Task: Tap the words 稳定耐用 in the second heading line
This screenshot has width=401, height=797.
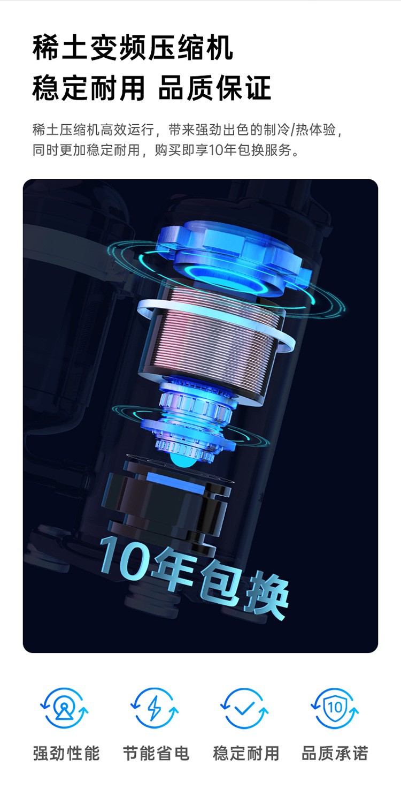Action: coord(89,88)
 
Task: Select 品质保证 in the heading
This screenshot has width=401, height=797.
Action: coord(215,88)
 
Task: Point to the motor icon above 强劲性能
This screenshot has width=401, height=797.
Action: coord(64,708)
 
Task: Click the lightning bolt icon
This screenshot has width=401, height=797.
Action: coord(155,708)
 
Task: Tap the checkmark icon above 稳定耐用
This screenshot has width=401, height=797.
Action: coord(244,708)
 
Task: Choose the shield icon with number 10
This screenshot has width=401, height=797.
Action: coord(335,708)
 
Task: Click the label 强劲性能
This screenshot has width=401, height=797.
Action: coord(66,753)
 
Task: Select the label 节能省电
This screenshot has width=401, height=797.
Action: coord(156,753)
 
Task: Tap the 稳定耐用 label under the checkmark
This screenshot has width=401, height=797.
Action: coord(246,753)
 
